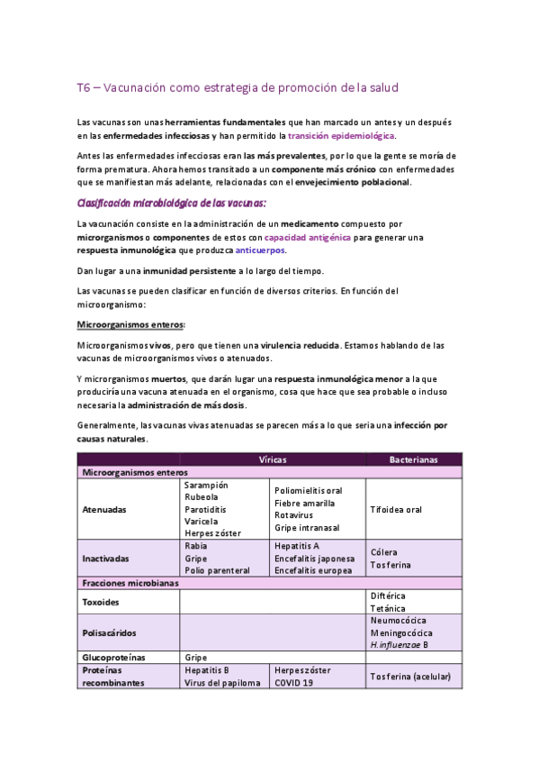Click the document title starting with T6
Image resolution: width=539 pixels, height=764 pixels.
(x=237, y=87)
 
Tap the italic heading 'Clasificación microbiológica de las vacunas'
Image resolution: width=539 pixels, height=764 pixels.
(x=171, y=203)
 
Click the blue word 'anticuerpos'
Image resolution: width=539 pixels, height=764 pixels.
(x=260, y=250)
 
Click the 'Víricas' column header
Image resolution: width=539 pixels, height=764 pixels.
(x=273, y=459)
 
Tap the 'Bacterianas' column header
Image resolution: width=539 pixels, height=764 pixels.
(x=413, y=459)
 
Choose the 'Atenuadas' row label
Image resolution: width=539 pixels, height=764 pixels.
(x=104, y=509)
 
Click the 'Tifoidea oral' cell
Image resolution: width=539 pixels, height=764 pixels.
(x=396, y=509)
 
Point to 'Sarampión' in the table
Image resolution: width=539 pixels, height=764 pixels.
(x=206, y=485)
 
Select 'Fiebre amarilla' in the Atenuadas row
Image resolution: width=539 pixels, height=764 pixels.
(x=305, y=503)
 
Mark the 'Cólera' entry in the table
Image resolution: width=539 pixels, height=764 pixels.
(x=383, y=552)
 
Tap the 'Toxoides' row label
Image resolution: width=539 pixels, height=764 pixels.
(x=102, y=602)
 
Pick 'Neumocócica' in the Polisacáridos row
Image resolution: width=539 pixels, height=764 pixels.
(x=398, y=621)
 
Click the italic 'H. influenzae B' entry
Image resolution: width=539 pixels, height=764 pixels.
(x=399, y=645)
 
